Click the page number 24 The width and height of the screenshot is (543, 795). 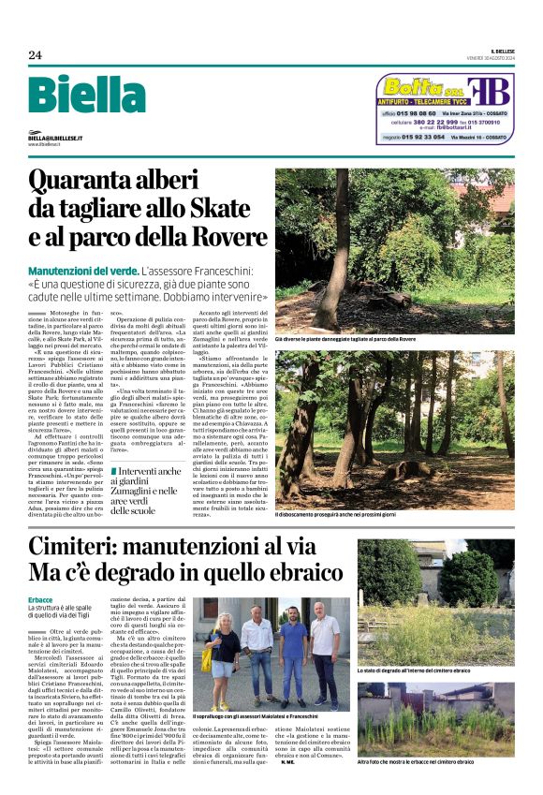[35, 55]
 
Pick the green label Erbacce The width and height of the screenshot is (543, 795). [41, 599]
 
